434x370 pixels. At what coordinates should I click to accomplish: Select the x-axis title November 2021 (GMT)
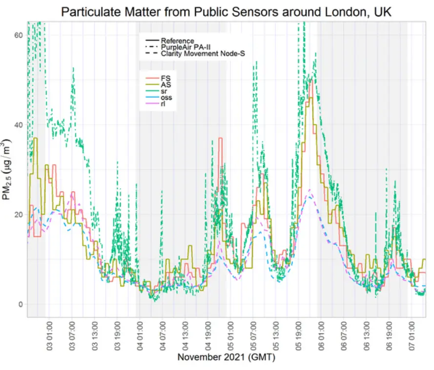click(x=226, y=357)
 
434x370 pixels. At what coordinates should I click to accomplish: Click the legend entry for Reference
click(x=177, y=41)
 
